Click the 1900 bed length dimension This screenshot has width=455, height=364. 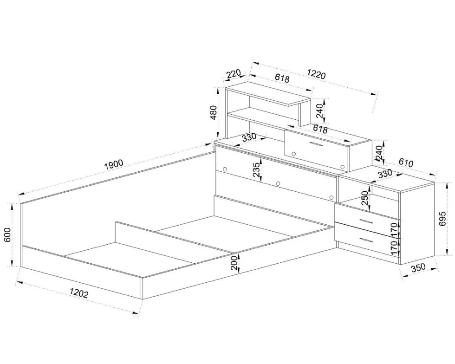click(x=114, y=164)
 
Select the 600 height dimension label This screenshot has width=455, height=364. click(x=8, y=234)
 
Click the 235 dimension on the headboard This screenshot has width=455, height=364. click(x=256, y=170)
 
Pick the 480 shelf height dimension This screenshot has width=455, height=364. click(x=213, y=113)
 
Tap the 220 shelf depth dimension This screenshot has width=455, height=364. click(x=234, y=74)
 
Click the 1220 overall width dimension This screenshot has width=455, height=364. click(x=316, y=74)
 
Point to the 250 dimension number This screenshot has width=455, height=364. click(x=365, y=198)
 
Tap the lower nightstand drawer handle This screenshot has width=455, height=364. click(x=365, y=240)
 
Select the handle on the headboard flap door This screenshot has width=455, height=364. click(x=315, y=144)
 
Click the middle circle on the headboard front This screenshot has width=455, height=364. click(x=278, y=183)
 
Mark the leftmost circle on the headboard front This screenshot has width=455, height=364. click(x=225, y=169)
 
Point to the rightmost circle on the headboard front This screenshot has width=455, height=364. click(x=331, y=197)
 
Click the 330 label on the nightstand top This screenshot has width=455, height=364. click(x=385, y=174)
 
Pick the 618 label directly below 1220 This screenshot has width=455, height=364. click(x=282, y=78)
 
